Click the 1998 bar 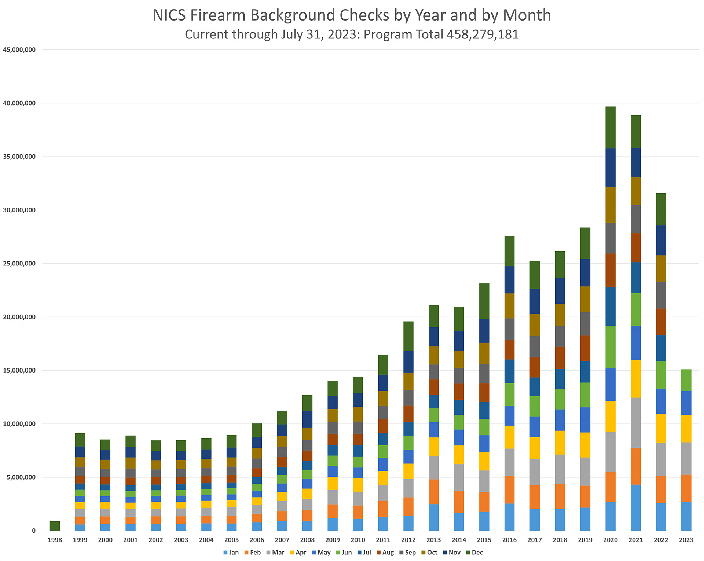pyautogui.click(x=55, y=526)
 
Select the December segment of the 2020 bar pyautogui.click(x=610, y=128)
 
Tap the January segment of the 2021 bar pyautogui.click(x=635, y=507)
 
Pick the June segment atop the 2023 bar pyautogui.click(x=686, y=380)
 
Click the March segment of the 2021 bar pyautogui.click(x=635, y=423)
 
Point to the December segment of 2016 pyautogui.click(x=509, y=251)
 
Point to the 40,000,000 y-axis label pyautogui.click(x=19, y=103)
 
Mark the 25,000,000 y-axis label pyautogui.click(x=19, y=264)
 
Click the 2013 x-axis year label pyautogui.click(x=433, y=540)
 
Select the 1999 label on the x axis pyautogui.click(x=80, y=540)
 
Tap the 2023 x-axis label pyautogui.click(x=686, y=540)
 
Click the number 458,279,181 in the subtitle pyautogui.click(x=483, y=34)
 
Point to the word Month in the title pyautogui.click(x=527, y=15)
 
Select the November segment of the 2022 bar pyautogui.click(x=661, y=241)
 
